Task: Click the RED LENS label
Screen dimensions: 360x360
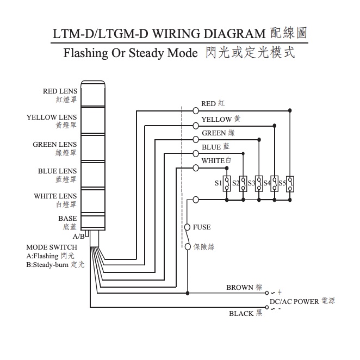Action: [60, 91]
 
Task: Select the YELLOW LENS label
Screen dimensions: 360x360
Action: [52, 117]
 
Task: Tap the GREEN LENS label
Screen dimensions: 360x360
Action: [54, 144]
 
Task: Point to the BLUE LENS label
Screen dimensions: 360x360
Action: [57, 171]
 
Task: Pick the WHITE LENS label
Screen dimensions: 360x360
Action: [55, 196]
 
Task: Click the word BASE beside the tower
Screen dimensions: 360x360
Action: [67, 219]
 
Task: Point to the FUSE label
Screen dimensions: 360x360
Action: [202, 227]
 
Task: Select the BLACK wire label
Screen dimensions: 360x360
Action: [241, 313]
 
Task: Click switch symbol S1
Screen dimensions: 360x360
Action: [227, 183]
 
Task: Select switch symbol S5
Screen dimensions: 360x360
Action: [290, 183]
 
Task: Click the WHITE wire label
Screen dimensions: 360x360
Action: [213, 160]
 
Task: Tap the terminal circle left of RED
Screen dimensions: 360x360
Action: [195, 110]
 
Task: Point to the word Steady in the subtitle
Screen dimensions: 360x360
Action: [140, 54]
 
